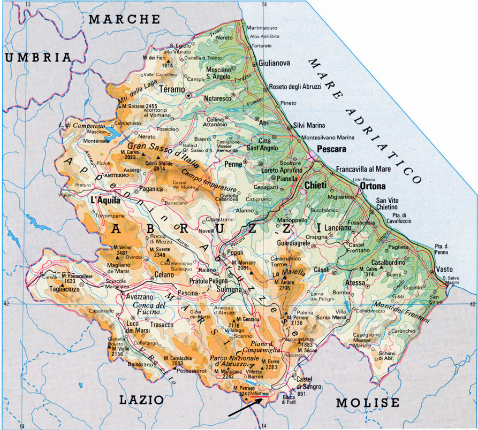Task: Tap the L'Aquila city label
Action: (x=104, y=199)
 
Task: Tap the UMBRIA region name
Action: (x=37, y=57)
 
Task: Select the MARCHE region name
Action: (x=124, y=19)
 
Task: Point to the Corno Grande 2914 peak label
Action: (x=158, y=166)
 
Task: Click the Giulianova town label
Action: (x=274, y=63)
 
